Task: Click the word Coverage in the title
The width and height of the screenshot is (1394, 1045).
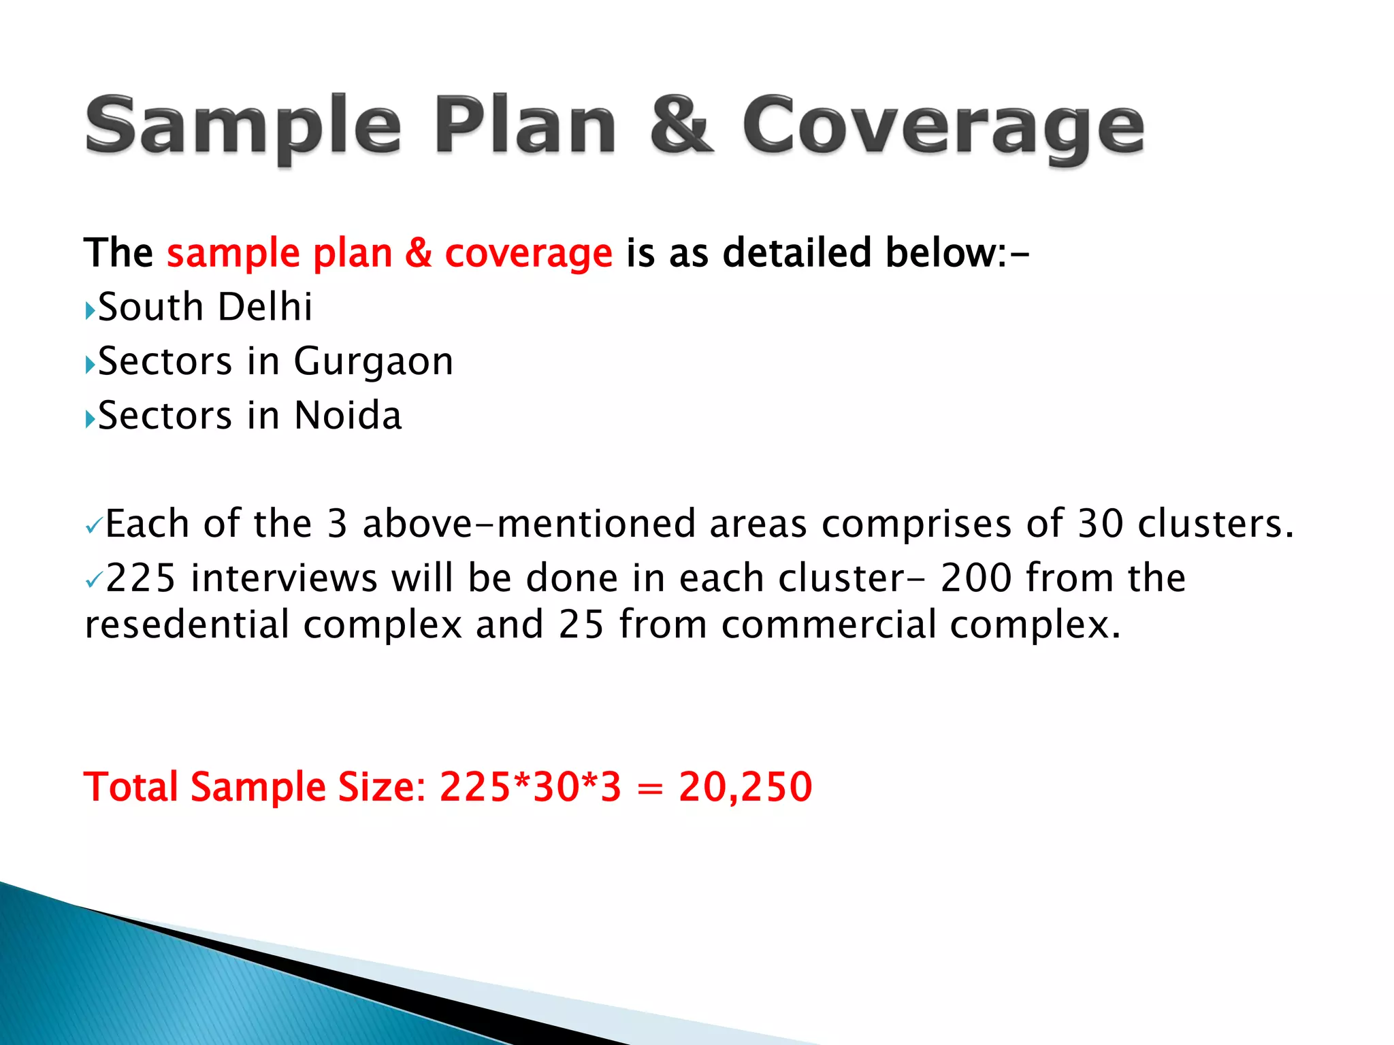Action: (x=943, y=126)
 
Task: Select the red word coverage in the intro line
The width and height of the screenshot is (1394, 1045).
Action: (x=528, y=253)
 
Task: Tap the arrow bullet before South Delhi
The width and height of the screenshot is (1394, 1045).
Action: (x=90, y=311)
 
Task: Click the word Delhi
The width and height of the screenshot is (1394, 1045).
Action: (x=265, y=307)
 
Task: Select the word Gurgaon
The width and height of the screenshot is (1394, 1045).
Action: (x=373, y=361)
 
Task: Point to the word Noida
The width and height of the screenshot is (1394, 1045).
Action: (x=348, y=416)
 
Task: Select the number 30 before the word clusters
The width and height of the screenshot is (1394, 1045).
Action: (x=1101, y=524)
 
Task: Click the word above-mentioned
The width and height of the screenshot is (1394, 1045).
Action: (x=529, y=524)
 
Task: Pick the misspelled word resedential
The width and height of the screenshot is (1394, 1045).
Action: (x=187, y=625)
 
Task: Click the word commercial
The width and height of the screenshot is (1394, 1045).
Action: (x=828, y=625)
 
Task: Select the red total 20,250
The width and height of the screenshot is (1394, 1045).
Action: (x=745, y=787)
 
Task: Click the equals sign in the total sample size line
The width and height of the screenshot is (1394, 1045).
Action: (x=650, y=789)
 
